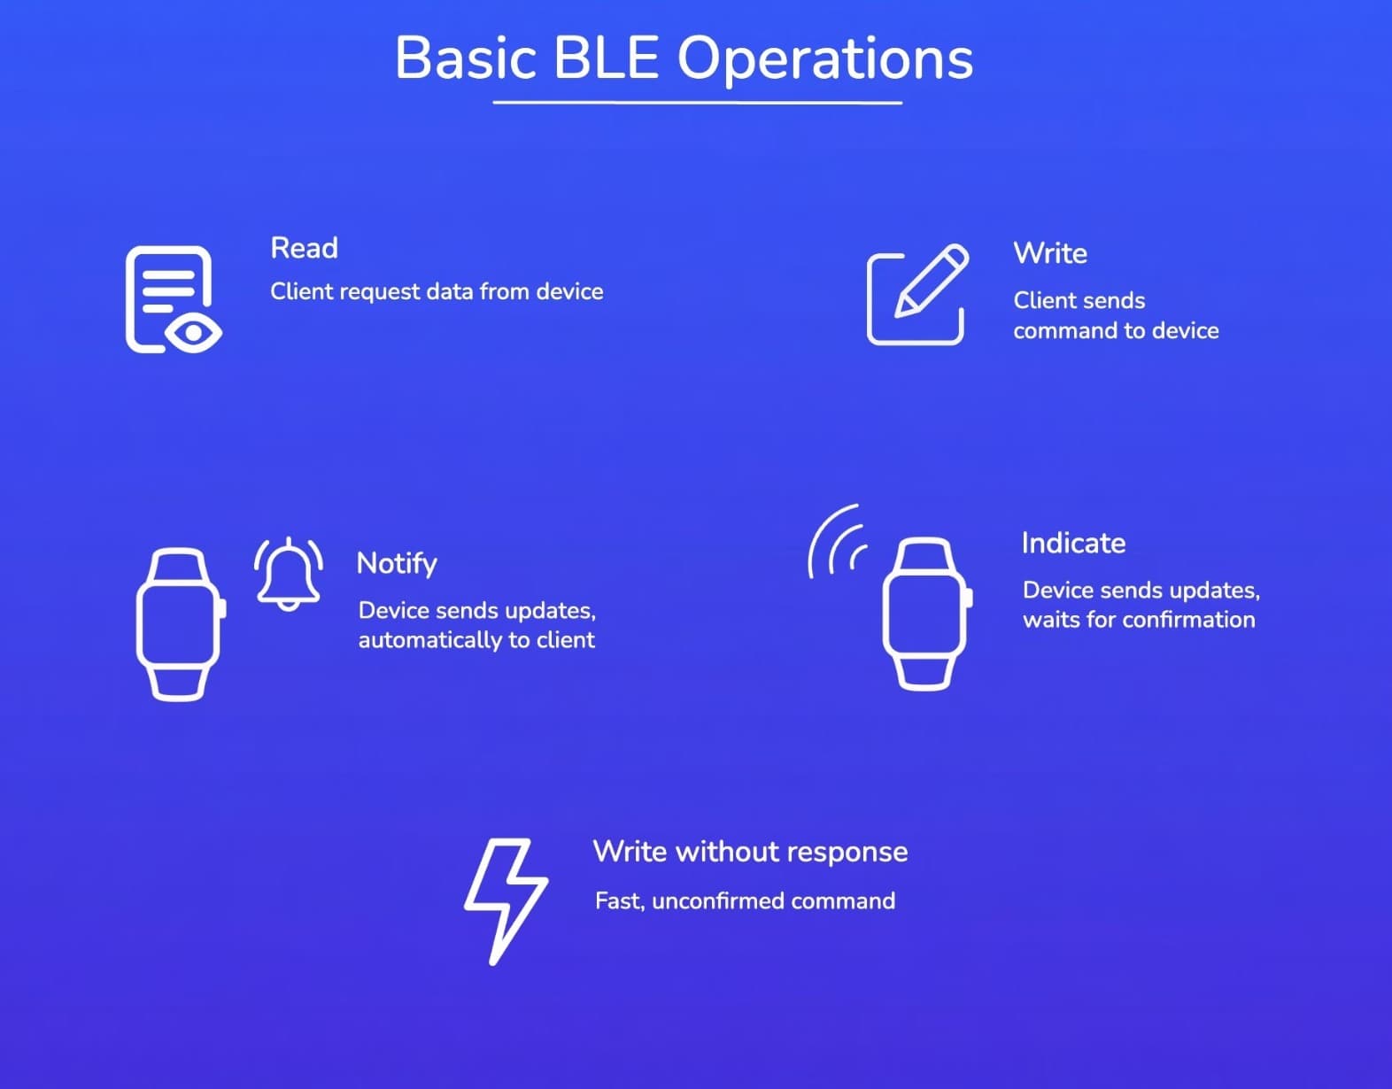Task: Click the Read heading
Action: (304, 248)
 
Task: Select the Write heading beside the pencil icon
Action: (1050, 253)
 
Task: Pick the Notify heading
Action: (397, 564)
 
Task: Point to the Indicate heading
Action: (1073, 543)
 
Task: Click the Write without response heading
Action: (750, 852)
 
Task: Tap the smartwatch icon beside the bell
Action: (179, 624)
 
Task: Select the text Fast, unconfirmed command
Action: (745, 901)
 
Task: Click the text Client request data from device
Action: (437, 292)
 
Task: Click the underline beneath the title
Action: (697, 103)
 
